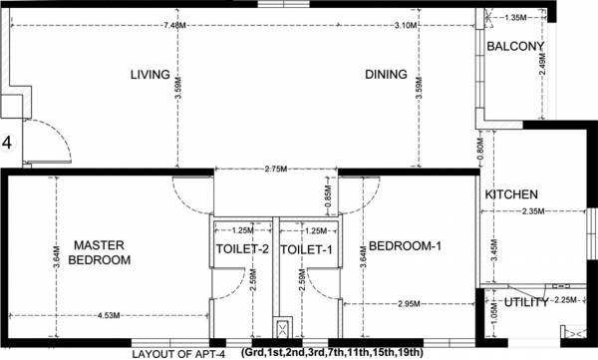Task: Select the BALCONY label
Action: point(514,47)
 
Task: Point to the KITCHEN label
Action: point(511,194)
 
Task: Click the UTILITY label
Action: point(526,302)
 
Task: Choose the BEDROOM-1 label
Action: point(405,246)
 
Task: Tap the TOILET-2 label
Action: point(243,249)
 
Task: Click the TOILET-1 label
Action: point(305,249)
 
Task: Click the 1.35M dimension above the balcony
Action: point(515,17)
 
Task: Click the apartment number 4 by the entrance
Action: point(7,143)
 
